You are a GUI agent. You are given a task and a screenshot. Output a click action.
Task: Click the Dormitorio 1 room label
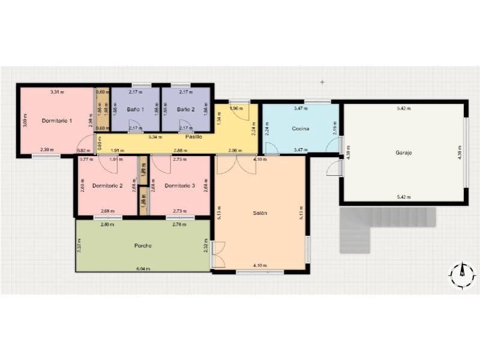point(57,121)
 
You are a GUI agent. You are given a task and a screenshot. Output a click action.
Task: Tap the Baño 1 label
point(136,110)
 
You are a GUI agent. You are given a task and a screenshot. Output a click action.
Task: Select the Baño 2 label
point(185,110)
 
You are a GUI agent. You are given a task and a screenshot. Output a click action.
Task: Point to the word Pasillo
point(193,137)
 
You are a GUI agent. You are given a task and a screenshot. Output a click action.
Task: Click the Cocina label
point(300,129)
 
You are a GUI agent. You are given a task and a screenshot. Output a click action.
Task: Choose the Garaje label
point(403,153)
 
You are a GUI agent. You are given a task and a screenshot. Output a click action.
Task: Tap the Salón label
point(260,213)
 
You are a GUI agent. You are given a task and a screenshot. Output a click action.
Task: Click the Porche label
point(143,246)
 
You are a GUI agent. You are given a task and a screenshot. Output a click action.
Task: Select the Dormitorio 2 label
point(107,186)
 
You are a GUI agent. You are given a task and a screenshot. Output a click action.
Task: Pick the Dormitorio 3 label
point(179,186)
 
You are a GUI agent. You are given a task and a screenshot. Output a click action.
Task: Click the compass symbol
point(463,275)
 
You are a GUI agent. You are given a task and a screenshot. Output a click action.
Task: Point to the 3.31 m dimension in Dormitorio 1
point(57,92)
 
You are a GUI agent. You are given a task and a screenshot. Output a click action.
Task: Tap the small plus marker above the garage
point(322,82)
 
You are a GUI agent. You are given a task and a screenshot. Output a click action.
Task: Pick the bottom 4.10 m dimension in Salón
point(260,266)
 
